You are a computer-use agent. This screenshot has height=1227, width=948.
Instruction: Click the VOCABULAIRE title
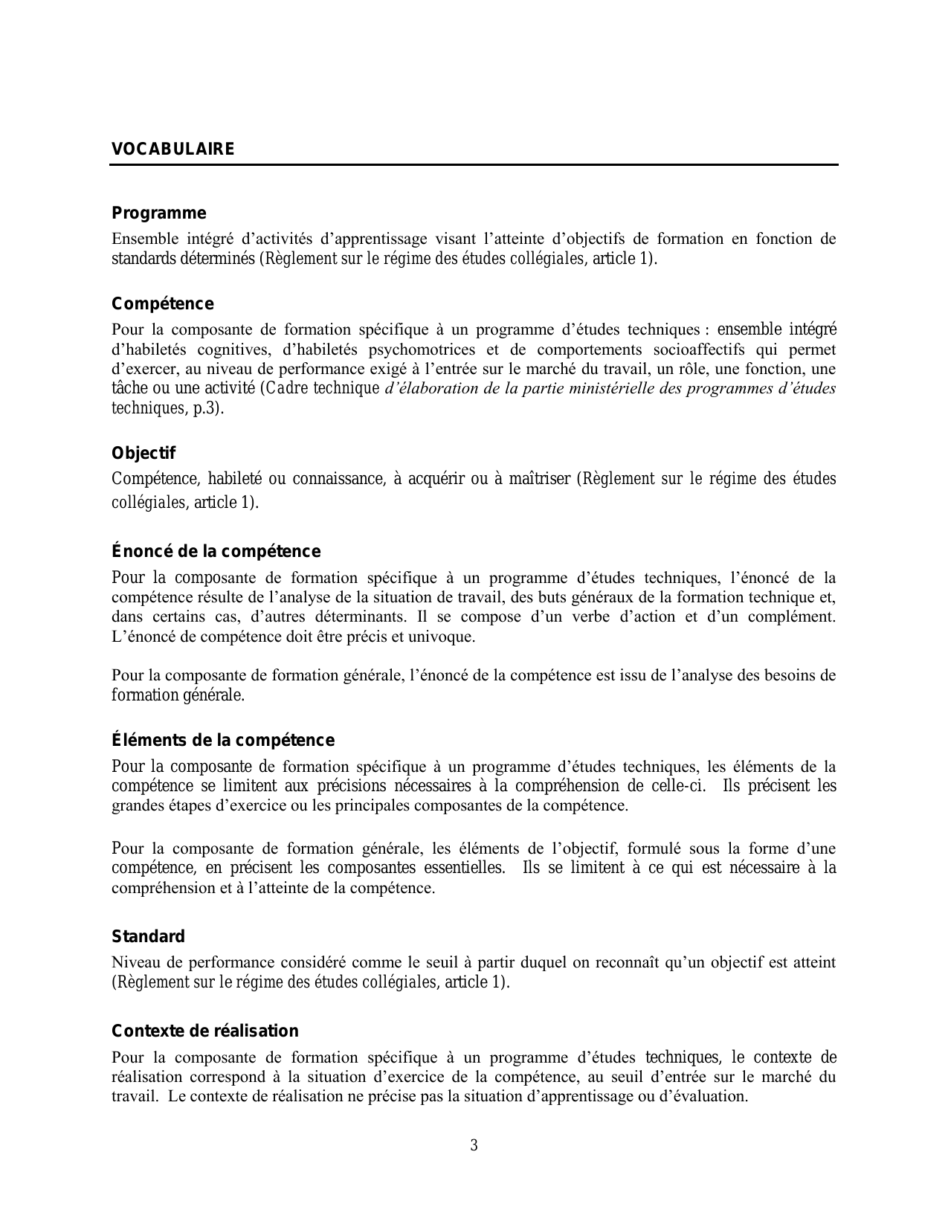172,149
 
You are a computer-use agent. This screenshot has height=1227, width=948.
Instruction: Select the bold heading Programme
158,213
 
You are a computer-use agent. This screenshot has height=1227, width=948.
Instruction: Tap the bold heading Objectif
144,453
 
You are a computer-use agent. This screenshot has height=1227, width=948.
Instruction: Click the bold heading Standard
148,936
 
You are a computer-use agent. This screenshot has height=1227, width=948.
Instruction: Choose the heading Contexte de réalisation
205,1031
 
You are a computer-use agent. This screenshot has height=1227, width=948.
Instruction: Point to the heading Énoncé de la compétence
216,552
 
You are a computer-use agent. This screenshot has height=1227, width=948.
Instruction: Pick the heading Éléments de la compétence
223,741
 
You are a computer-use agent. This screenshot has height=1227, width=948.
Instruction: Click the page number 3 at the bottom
474,1145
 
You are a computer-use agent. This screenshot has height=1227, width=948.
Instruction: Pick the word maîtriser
539,479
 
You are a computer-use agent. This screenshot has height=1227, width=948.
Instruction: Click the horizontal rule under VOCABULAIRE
474,165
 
